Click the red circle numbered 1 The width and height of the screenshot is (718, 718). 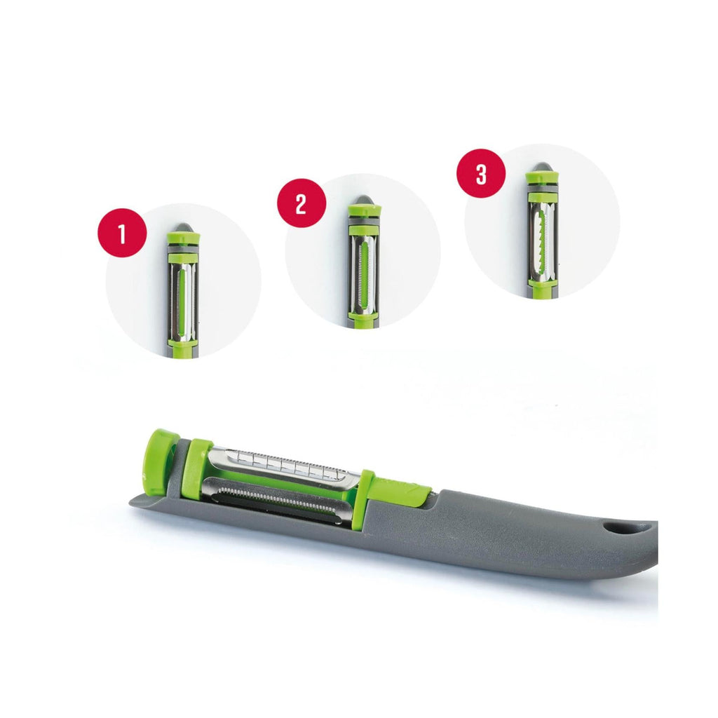(x=122, y=233)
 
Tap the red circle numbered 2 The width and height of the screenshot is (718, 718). (x=302, y=203)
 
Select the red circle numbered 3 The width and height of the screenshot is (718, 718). (x=481, y=174)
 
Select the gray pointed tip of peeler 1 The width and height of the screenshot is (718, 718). (x=183, y=228)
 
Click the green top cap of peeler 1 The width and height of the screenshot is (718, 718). (x=183, y=239)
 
